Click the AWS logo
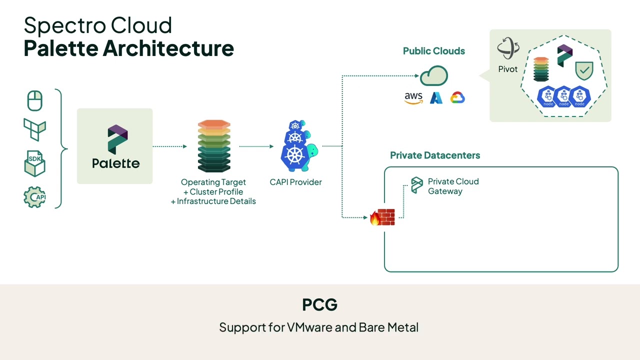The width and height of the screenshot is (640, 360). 413,98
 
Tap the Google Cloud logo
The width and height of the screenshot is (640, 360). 457,98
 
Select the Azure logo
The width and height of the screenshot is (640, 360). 436,98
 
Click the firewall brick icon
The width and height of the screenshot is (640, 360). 382,217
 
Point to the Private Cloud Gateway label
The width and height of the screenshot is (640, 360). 453,186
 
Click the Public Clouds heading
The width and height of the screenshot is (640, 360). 433,51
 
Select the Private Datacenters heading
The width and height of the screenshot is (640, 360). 434,155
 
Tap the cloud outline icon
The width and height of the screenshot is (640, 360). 433,76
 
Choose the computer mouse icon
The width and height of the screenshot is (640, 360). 34,101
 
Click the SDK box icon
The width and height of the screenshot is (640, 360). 34,164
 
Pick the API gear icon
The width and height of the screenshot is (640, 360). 34,196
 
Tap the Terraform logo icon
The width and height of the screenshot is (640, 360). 34,129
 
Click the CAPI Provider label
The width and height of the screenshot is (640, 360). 295,182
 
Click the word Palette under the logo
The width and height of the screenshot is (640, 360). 115,163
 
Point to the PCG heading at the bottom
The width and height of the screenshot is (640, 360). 319,304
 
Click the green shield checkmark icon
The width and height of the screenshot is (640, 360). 583,71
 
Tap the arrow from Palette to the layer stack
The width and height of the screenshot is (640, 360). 169,146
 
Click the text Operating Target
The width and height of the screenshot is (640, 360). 213,182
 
